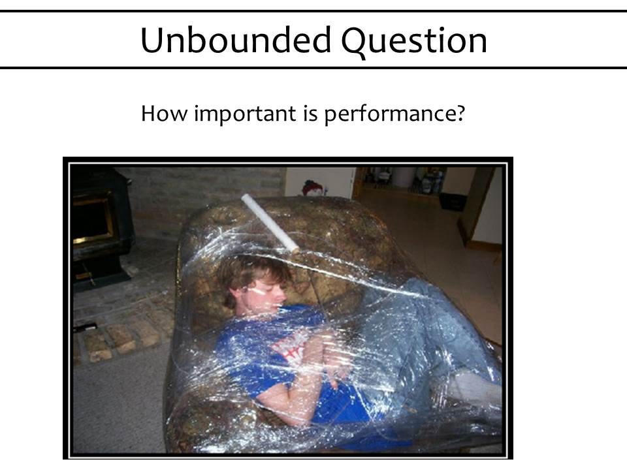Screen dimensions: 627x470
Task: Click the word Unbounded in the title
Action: pos(236,40)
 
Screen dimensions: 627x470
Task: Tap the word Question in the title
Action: pos(414,42)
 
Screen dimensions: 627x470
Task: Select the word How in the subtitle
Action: pos(164,113)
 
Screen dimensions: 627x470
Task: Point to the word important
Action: pos(245,114)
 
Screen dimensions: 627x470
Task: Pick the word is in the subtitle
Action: pos(310,113)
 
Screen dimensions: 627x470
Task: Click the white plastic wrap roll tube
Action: pos(270,223)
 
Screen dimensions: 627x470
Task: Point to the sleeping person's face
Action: pos(264,295)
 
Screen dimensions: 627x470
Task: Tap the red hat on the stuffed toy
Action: pos(313,187)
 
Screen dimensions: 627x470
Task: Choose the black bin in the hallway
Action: pos(453,202)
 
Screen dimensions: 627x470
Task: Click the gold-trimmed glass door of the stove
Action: pos(92,218)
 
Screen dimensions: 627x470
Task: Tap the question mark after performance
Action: pos(460,113)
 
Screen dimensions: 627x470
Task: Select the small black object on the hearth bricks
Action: pos(85,327)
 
